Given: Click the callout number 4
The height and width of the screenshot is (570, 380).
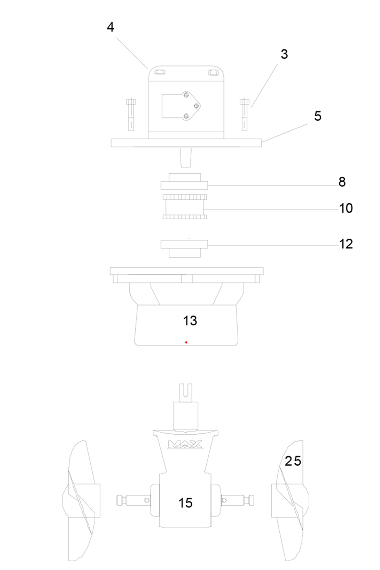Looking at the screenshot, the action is point(110,27).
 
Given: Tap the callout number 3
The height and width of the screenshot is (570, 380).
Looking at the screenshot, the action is point(284,54).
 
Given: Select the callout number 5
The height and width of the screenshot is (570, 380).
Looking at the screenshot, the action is point(318,116).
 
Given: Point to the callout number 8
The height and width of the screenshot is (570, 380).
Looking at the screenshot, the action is point(342,182).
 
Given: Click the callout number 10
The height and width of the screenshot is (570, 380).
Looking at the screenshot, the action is point(346,208).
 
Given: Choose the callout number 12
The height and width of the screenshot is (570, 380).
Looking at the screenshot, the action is point(346,244).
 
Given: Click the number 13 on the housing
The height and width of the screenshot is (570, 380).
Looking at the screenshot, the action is point(190,321).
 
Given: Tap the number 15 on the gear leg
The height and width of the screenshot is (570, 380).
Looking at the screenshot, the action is point(185,503).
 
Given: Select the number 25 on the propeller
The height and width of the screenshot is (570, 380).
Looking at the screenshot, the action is point(293,461).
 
